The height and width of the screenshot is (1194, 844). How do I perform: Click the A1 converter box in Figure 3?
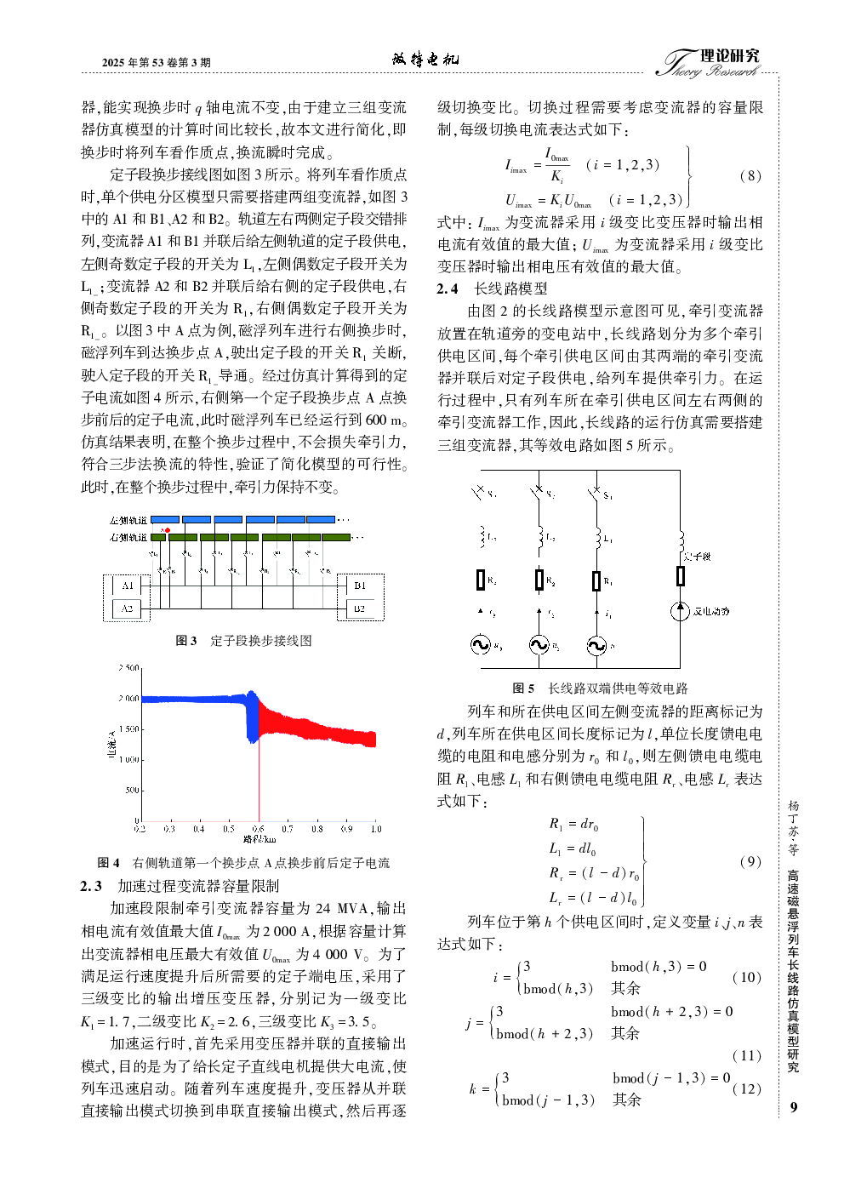point(127,586)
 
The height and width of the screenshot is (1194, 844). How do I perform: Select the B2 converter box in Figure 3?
point(360,608)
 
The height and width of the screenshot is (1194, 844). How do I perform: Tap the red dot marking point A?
point(168,530)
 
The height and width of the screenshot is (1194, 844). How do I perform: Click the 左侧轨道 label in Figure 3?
point(128,520)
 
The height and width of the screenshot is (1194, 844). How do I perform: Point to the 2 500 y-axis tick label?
point(129,668)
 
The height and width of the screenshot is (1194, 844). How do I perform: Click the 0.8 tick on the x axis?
point(317,828)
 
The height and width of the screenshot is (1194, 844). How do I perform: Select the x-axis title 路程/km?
point(259,839)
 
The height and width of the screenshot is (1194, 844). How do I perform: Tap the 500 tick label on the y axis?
point(133,791)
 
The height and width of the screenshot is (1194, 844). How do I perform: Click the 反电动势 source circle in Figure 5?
point(680,610)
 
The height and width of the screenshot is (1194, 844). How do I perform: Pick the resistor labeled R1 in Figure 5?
point(596,580)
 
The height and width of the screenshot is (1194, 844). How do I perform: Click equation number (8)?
point(750,176)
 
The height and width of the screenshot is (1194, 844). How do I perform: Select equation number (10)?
point(746,977)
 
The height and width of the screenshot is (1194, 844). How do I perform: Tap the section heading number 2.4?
point(448,289)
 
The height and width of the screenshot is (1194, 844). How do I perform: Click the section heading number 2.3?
point(91,886)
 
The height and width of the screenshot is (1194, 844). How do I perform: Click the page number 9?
point(794,1107)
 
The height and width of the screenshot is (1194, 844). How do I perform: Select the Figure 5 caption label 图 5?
point(523,688)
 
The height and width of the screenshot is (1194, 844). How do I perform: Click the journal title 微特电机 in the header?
point(425,59)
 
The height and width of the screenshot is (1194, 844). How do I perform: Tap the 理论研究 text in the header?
point(730,56)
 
